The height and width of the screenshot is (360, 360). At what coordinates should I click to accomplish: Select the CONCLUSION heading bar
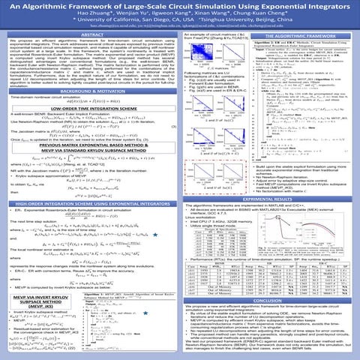pyautogui.click(x=269, y=299)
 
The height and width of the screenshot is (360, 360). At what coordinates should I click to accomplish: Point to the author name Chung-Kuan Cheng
pyautogui.click(x=250, y=15)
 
